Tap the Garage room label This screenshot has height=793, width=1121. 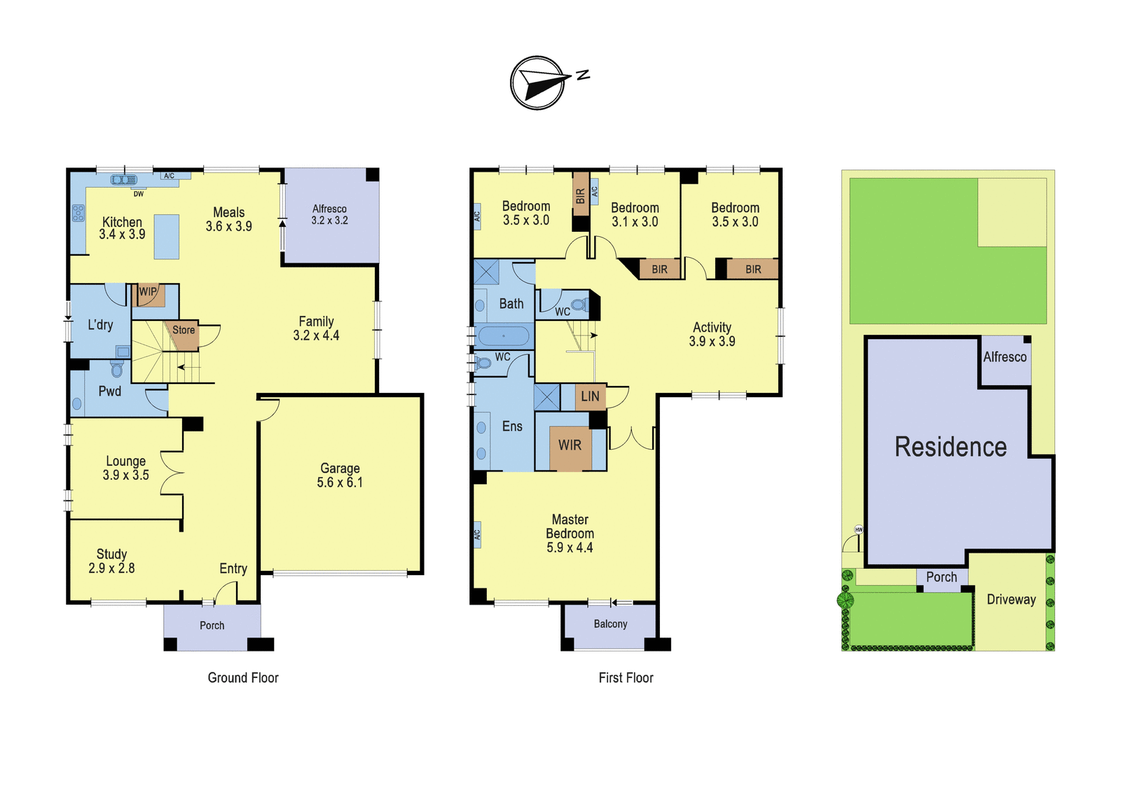[x=340, y=468]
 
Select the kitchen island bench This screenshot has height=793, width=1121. [x=166, y=237]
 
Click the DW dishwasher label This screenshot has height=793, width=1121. [x=139, y=194]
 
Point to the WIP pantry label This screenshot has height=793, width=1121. [x=148, y=291]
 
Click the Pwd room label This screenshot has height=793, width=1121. [x=109, y=392]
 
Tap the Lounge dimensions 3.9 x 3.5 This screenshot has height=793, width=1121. [x=126, y=475]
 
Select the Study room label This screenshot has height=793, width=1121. [x=111, y=554]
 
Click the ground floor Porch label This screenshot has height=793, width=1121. [x=212, y=626]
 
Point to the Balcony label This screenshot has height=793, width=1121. [x=610, y=624]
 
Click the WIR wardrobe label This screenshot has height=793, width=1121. [x=570, y=445]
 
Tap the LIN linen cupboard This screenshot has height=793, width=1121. [x=591, y=396]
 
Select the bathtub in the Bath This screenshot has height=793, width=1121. [x=504, y=336]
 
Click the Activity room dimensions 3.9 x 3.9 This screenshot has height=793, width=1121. [x=712, y=341]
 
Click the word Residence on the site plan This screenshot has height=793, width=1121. [x=950, y=447]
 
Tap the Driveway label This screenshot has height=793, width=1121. [x=1012, y=600]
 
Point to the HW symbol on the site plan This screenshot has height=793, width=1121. [x=859, y=530]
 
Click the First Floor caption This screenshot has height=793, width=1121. [x=626, y=678]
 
